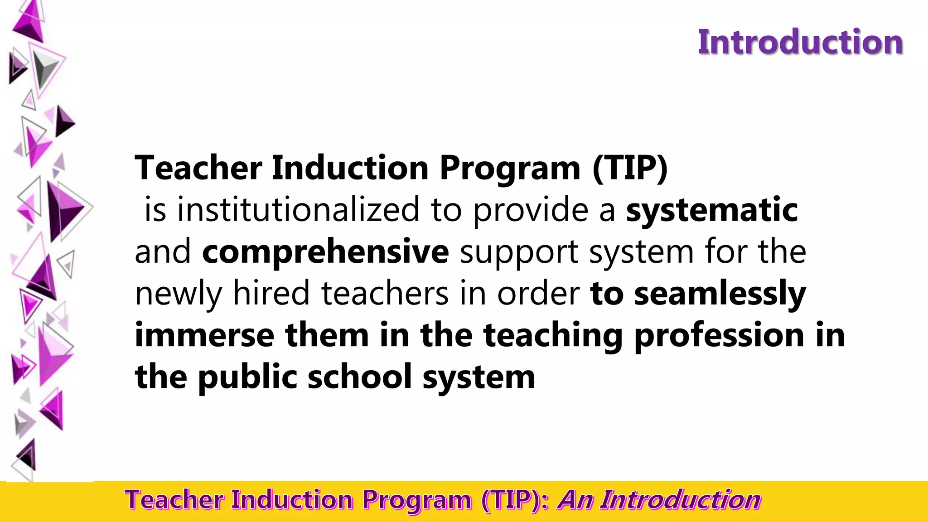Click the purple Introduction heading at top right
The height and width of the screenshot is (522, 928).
(x=800, y=42)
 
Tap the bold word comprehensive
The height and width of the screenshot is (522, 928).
(x=325, y=251)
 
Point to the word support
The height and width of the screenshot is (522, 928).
(x=519, y=252)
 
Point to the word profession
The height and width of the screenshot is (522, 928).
(x=719, y=336)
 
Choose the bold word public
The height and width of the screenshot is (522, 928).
(x=247, y=377)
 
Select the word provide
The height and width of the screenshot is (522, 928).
(x=531, y=210)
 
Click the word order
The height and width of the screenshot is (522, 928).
(x=538, y=293)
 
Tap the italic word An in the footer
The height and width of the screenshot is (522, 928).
(x=575, y=500)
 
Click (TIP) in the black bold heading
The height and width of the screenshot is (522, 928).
(x=630, y=168)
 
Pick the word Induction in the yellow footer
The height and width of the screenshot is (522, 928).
(x=292, y=500)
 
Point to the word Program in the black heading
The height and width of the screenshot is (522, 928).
(x=510, y=168)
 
